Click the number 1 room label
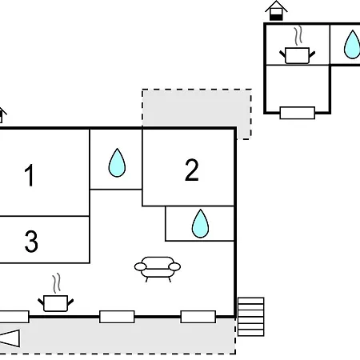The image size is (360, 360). (29, 175)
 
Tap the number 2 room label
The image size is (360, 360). (192, 170)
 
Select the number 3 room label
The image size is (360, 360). (31, 241)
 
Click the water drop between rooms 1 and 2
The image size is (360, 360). (117, 162)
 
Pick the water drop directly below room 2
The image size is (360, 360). (200, 223)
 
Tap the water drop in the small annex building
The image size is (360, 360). (352, 45)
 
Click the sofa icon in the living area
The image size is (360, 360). (158, 269)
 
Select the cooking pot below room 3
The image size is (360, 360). (55, 303)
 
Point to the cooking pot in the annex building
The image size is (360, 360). (297, 55)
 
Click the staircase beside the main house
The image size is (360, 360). (250, 317)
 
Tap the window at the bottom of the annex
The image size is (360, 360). (298, 113)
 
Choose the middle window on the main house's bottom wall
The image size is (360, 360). (117, 317)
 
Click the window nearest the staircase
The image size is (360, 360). (198, 317)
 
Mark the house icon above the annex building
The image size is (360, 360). (276, 10)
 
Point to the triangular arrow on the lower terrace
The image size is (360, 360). (10, 338)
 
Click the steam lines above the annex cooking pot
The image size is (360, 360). (298, 35)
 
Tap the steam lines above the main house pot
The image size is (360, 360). (56, 283)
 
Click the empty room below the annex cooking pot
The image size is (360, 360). (298, 89)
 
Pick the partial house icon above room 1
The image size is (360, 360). (2, 115)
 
